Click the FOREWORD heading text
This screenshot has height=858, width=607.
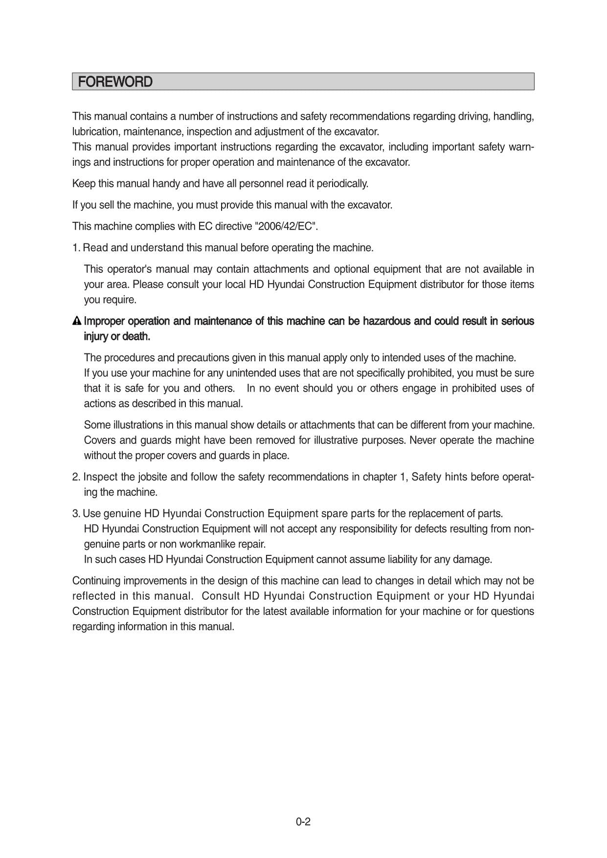(x=115, y=82)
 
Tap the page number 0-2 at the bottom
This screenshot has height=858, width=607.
(x=303, y=822)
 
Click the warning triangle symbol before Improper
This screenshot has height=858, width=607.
(x=77, y=321)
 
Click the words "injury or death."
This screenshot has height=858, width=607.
(x=117, y=336)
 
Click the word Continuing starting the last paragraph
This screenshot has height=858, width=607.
(x=96, y=581)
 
